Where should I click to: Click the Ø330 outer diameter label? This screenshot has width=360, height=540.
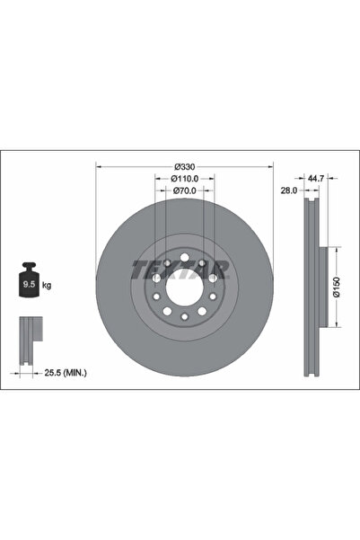tap(184, 167)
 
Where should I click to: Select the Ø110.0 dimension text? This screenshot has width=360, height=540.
tap(184, 179)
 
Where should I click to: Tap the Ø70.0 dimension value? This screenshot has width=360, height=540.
tap(184, 190)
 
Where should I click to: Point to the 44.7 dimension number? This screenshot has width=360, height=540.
tap(314, 179)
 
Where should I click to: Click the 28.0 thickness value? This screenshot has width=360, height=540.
tap(289, 190)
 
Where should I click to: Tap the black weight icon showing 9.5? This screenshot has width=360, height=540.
tap(29, 284)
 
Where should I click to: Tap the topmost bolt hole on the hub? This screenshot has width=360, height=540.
tap(184, 261)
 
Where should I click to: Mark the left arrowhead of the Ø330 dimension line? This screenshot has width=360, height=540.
tap(98, 167)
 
